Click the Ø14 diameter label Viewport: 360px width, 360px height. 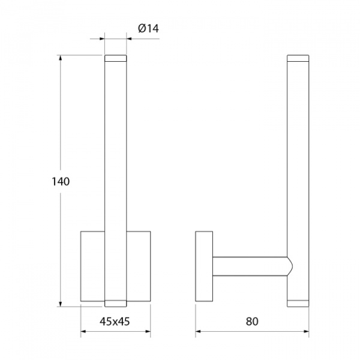click(148, 29)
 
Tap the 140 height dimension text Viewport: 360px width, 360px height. click(61, 182)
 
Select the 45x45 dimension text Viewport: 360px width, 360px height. click(115, 322)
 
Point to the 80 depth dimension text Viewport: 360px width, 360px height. click(252, 322)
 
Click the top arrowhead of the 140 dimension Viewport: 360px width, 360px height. click(61, 58)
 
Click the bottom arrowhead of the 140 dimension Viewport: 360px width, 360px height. click(61, 304)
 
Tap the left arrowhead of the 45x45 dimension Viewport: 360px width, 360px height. click(83, 332)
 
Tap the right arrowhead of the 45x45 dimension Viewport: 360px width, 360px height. click(148, 332)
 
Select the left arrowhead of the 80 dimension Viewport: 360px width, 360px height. click(199, 332)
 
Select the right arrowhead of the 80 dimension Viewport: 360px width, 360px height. click(306, 332)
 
